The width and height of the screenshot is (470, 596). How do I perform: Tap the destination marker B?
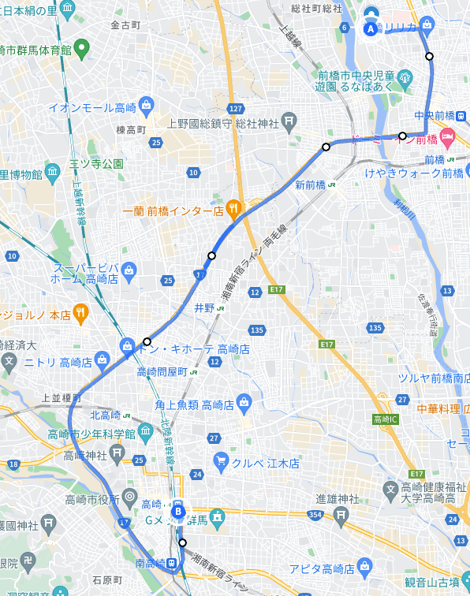pyautogui.click(x=179, y=512)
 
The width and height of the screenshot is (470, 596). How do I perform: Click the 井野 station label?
pyautogui.click(x=203, y=308)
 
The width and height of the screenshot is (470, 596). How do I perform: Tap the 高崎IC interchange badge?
pyautogui.click(x=386, y=418)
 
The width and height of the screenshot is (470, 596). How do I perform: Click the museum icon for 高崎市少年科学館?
pyautogui.click(x=145, y=432)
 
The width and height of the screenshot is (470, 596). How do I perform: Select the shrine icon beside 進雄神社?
pyautogui.click(x=341, y=516)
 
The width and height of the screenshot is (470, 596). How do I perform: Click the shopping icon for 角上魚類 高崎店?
pyautogui.click(x=244, y=404)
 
